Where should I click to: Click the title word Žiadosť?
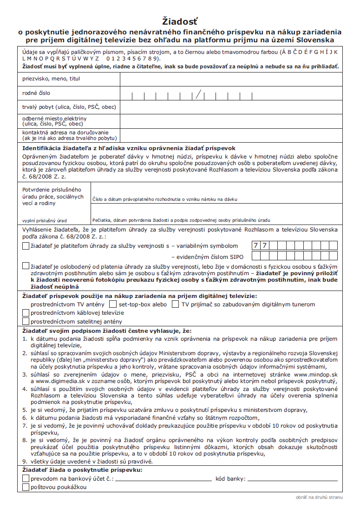tap(180, 21)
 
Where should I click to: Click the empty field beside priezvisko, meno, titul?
tap(231, 79)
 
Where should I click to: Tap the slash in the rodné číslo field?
tap(199, 94)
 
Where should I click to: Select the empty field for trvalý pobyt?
tap(231, 107)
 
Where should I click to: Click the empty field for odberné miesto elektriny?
tap(231, 121)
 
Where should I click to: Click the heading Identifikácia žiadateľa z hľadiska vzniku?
tap(130, 148)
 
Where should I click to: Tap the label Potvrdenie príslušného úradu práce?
tap(52, 196)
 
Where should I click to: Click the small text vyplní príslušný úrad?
tap(45, 220)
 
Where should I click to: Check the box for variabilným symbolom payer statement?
tap(26, 246)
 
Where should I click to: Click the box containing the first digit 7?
tap(255, 245)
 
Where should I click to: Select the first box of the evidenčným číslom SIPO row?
tap(255, 256)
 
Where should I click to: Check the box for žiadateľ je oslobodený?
tap(26, 266)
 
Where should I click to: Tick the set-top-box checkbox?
tap(112, 304)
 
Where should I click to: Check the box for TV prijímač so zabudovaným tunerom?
tap(175, 304)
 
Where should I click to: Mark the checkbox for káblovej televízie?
tap(26, 313)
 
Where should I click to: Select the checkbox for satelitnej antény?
tap(26, 321)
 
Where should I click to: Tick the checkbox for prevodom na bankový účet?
tap(26, 479)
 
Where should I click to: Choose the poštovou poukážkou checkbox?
tap(26, 487)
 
